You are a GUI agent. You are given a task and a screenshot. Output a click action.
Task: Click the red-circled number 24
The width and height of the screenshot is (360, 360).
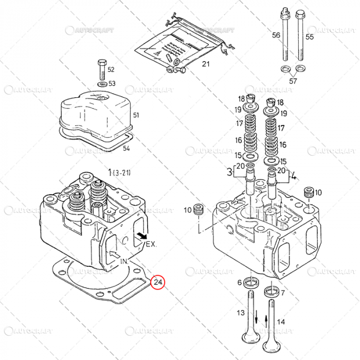pyautogui.click(x=158, y=282)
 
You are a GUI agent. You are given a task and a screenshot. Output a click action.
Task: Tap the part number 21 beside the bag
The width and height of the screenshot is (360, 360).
pyautogui.click(x=206, y=64)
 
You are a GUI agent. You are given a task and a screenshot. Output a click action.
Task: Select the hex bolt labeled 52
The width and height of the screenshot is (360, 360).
pyautogui.click(x=101, y=68)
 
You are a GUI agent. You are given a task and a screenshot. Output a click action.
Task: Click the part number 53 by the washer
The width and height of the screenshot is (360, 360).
pyautogui.click(x=112, y=83)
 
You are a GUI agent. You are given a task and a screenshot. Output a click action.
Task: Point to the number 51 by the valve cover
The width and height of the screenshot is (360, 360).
pyautogui.click(x=136, y=115)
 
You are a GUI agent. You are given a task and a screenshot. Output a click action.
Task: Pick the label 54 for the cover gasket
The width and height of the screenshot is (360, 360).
pyautogui.click(x=127, y=149)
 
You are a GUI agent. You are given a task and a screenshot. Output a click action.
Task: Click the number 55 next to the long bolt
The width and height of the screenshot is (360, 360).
pyautogui.click(x=309, y=37)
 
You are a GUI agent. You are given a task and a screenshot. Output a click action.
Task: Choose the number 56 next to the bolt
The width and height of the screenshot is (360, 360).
pyautogui.click(x=276, y=35)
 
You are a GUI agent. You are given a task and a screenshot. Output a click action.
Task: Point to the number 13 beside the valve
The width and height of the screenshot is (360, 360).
pyautogui.click(x=240, y=313)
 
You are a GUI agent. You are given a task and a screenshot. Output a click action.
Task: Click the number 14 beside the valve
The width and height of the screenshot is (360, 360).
pyautogui.click(x=280, y=322)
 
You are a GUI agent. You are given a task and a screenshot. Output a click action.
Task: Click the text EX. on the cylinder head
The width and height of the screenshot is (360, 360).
pyautogui.click(x=151, y=244)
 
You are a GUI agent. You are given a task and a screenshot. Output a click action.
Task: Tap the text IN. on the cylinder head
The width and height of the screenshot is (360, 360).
pyautogui.click(x=124, y=262)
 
